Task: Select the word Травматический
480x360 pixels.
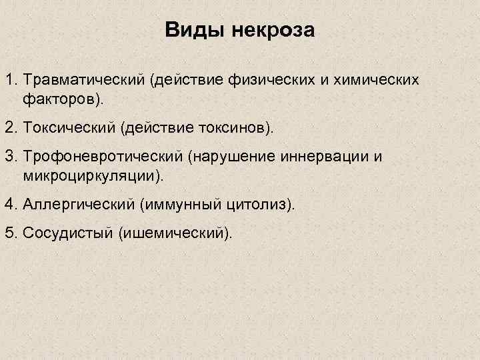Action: coord(83,81)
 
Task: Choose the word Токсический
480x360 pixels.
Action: coord(67,127)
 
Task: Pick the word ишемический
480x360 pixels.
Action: coord(175,233)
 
